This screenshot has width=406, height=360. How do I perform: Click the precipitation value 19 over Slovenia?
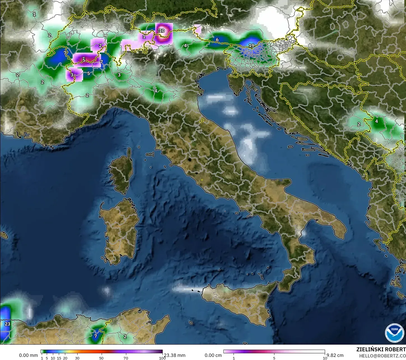click(251, 46)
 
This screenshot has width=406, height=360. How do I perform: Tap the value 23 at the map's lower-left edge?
click(8, 324)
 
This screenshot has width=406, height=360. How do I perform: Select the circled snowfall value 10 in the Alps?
click(162, 31)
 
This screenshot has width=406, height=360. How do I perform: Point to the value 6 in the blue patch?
click(217, 40)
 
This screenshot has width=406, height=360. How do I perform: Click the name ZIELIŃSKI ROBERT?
click(381, 350)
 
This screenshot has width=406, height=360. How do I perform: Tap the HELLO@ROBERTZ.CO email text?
click(382, 356)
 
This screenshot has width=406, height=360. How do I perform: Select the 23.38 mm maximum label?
click(174, 355)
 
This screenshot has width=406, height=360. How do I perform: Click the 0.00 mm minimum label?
click(28, 355)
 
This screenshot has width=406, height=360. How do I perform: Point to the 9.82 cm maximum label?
click(335, 355)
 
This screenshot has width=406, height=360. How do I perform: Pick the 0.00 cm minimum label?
click(213, 355)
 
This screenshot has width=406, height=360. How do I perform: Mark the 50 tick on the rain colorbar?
click(101, 358)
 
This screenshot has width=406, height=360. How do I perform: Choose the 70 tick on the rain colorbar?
click(126, 358)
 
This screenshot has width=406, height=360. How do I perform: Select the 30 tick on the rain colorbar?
click(77, 358)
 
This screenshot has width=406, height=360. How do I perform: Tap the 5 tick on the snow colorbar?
click(274, 358)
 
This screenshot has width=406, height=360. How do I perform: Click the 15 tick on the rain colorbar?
click(59, 358)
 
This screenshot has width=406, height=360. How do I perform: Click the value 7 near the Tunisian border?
click(95, 336)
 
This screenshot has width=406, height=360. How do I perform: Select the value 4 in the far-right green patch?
click(376, 121)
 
